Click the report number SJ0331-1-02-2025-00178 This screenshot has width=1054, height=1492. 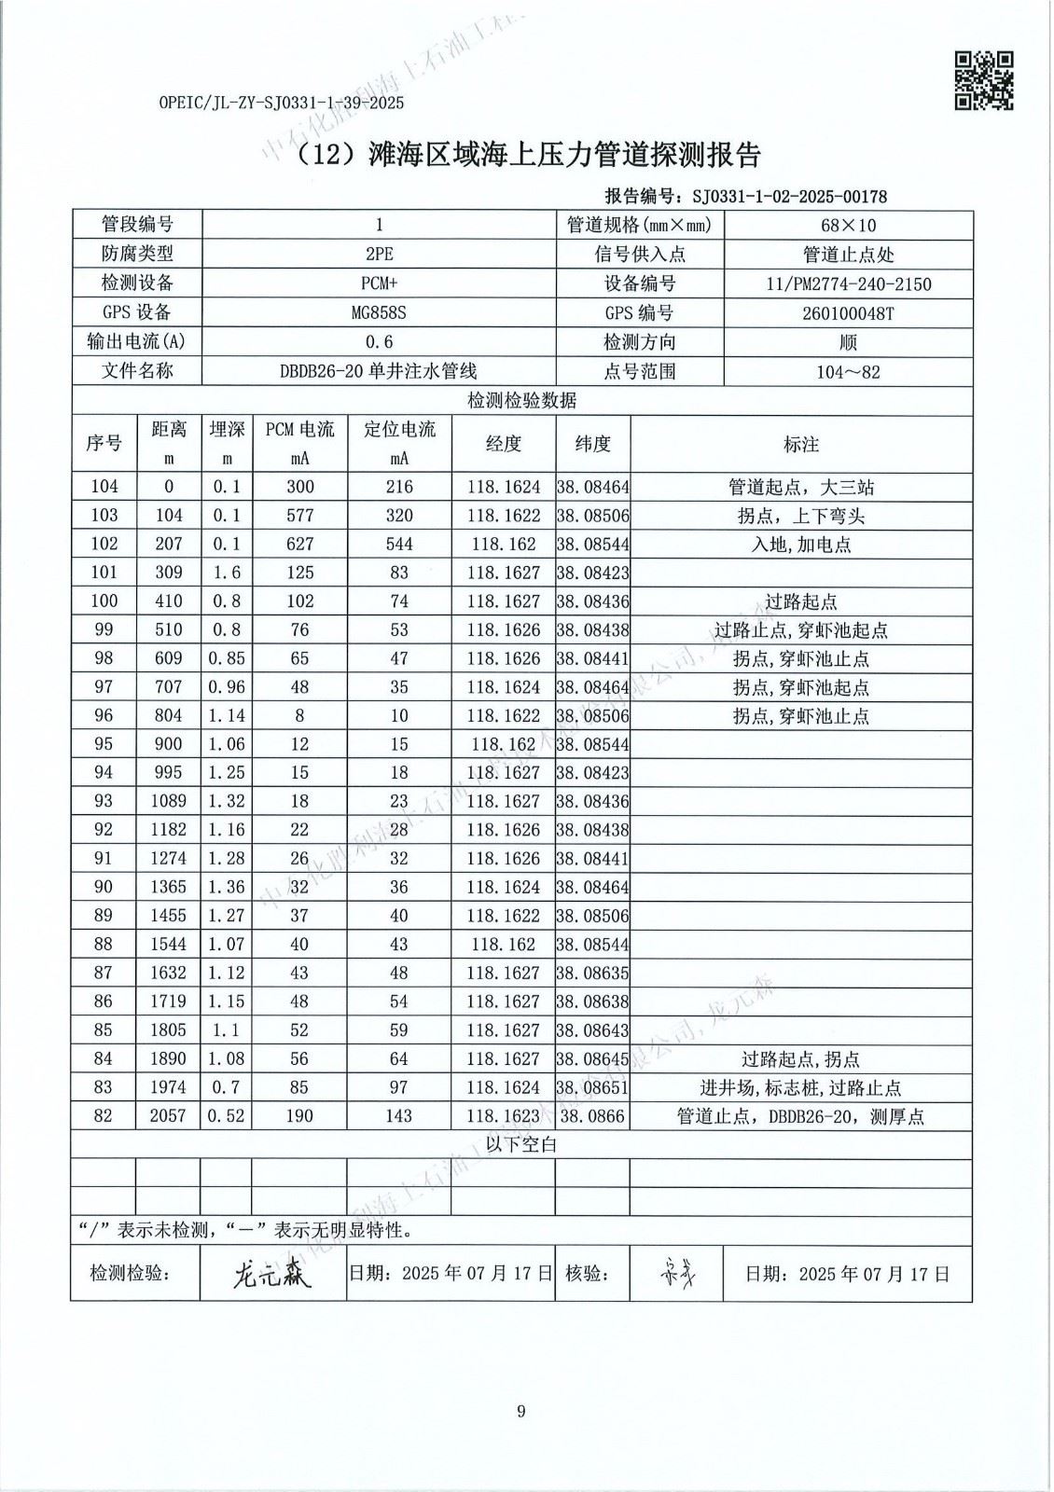pyautogui.click(x=785, y=196)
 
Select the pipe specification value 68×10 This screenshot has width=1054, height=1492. pyautogui.click(x=848, y=225)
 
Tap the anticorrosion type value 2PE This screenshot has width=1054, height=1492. pyautogui.click(x=379, y=254)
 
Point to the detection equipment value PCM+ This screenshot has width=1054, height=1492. pyautogui.click(x=379, y=283)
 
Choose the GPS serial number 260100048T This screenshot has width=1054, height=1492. pyautogui.click(x=848, y=313)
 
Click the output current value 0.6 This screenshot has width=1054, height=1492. pyautogui.click(x=379, y=342)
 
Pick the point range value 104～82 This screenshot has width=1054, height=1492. pyautogui.click(x=848, y=372)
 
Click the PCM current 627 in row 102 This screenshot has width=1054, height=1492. pyautogui.click(x=299, y=544)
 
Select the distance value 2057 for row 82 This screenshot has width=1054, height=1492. pyautogui.click(x=168, y=1116)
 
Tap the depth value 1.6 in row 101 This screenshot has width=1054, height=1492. pyautogui.click(x=226, y=573)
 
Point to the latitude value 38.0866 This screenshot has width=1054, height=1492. pyautogui.click(x=593, y=1116)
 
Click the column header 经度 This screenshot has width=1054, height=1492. pyautogui.click(x=504, y=444)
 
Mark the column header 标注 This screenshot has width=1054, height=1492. pyautogui.click(x=801, y=445)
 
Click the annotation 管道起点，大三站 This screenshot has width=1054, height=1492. pyautogui.click(x=801, y=487)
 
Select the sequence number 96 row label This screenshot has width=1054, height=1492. pyautogui.click(x=104, y=716)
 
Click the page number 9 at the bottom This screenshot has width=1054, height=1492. pyautogui.click(x=521, y=1411)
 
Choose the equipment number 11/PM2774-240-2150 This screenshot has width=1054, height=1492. pyautogui.click(x=848, y=283)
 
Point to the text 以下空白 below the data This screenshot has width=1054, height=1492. pyautogui.click(x=521, y=1144)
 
